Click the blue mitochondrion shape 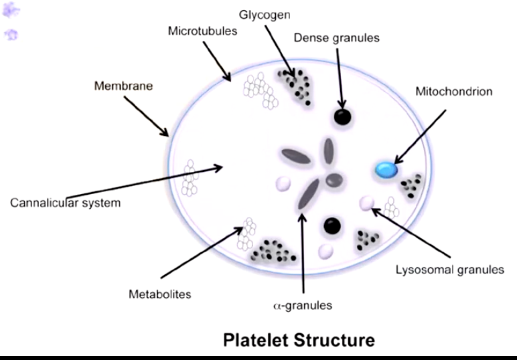386,170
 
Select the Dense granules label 336,37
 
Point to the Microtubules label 202,31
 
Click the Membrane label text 123,86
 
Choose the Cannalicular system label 65,202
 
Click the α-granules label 303,306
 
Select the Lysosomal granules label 449,270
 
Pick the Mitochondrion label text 454,90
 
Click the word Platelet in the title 256,339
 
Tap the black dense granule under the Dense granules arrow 342,118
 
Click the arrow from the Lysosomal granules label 406,232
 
